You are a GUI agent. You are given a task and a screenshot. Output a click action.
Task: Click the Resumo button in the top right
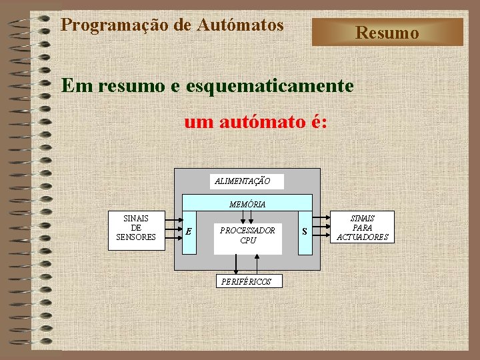387,32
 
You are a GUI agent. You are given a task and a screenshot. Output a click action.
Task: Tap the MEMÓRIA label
247,205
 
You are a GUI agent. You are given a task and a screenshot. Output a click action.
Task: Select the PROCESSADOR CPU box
247,235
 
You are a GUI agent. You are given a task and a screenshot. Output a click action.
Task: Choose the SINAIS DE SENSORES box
136,228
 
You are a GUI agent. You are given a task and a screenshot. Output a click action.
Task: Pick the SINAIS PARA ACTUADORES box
363,227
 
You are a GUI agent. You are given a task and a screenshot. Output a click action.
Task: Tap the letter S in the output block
305,231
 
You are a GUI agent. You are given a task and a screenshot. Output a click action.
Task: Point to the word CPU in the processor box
247,240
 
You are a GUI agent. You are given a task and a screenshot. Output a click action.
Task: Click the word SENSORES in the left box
136,237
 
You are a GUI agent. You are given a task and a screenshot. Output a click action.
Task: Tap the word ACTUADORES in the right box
363,237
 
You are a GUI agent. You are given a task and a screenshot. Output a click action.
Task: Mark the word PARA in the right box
363,227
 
